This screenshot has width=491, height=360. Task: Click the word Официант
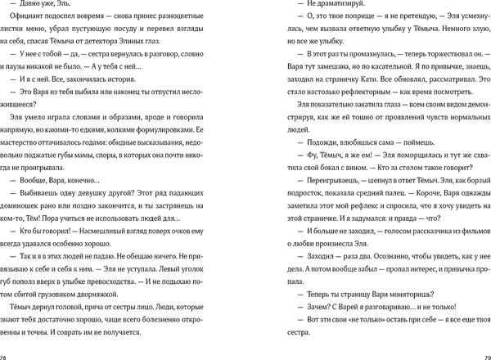tap(30, 29)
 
